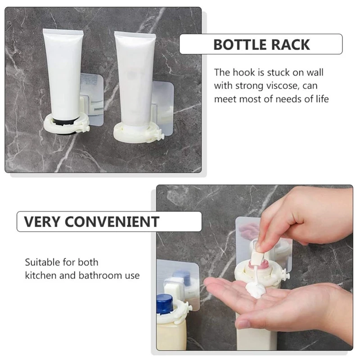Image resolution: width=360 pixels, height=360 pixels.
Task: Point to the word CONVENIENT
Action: coord(112,221)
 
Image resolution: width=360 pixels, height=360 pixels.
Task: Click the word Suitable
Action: coord(41,262)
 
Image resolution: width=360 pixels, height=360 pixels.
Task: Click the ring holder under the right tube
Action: coord(135,133)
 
